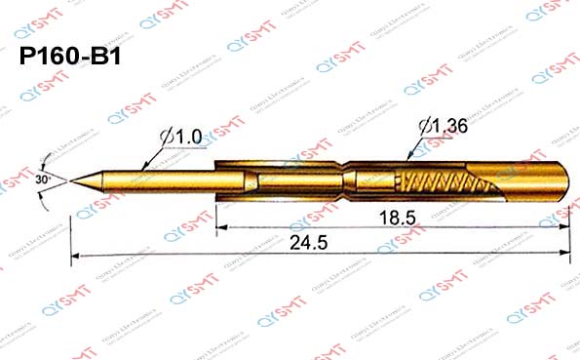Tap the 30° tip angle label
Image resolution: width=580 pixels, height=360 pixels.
click(x=42, y=180)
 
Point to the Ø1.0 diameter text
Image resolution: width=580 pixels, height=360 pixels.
click(x=180, y=140)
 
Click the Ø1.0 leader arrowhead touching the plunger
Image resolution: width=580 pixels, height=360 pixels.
click(x=145, y=170)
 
